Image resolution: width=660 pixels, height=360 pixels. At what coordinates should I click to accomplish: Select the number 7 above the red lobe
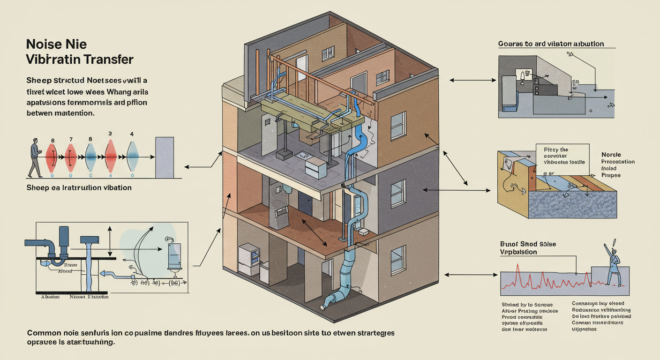point(71,140)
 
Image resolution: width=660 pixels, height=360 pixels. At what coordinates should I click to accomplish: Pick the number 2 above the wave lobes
point(110,134)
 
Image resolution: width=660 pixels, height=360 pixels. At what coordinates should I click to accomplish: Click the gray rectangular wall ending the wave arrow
point(164,157)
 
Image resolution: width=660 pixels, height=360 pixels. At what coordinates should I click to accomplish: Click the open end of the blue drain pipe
point(323,307)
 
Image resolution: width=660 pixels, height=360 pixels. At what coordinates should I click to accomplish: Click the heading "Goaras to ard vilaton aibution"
point(551,44)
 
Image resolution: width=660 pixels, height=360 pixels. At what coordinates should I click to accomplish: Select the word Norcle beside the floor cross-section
point(611,154)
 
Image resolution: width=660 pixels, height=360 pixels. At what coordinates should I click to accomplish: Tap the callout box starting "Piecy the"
point(562,156)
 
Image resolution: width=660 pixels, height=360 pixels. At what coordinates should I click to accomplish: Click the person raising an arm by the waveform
point(612,264)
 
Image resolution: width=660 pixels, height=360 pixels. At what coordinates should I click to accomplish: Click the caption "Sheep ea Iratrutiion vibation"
point(79,187)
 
